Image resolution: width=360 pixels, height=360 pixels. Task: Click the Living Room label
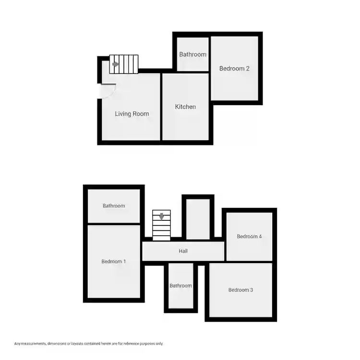coord(132,114)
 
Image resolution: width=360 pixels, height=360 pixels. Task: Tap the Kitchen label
coord(185,107)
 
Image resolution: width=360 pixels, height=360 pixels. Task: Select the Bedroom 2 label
coord(234,68)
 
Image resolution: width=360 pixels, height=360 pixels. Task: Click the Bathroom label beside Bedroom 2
coord(192,54)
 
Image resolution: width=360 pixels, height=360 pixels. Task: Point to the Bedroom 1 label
coord(114,262)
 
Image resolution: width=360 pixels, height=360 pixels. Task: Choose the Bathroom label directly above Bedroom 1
coord(114,206)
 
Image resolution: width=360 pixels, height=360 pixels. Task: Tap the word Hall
coord(183,251)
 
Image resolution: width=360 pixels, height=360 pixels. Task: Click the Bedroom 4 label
coord(249,236)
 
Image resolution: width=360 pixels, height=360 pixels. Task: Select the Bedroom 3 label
coord(240,290)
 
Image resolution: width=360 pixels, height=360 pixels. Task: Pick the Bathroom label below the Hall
coord(180,286)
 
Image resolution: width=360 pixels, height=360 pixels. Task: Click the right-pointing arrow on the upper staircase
coord(116,64)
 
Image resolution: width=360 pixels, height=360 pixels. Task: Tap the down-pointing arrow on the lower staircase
coord(162,216)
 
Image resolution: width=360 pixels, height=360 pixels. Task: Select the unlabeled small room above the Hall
coord(198,219)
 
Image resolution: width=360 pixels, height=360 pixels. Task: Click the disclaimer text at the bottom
coord(89,344)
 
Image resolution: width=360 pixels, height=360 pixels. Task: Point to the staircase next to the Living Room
coord(124,64)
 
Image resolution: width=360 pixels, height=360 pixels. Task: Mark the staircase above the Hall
coord(161,225)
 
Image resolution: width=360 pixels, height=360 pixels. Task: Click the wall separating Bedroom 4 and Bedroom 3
coord(249,262)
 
